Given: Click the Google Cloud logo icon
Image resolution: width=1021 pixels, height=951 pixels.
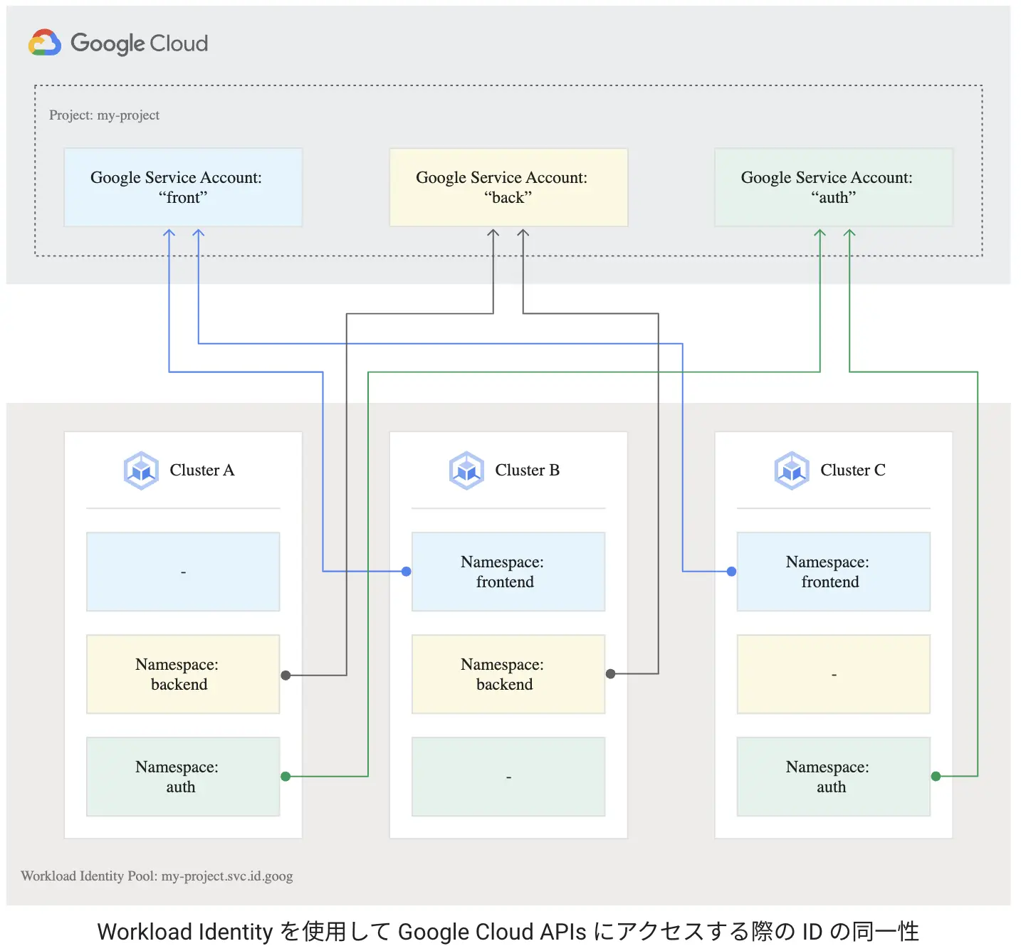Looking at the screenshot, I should pos(44,43).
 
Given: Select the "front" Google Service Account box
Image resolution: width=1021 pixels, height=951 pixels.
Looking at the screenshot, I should pos(183,187).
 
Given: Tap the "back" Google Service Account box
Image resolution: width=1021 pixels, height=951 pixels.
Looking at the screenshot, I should pos(508,187).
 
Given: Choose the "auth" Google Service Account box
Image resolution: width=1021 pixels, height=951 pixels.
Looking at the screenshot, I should pos(833,187).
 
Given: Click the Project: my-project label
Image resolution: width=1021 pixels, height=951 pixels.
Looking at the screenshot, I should pos(104,115).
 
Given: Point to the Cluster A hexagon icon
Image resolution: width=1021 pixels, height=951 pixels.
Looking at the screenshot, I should pos(141,471).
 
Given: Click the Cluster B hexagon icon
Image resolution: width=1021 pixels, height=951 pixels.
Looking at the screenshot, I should pos(466,471).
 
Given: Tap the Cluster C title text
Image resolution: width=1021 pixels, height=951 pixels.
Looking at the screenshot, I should pos(852,471).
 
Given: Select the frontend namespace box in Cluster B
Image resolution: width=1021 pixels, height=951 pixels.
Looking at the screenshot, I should pos(508,572).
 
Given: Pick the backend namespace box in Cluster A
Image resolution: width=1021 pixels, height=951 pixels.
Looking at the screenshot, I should pos(183,674).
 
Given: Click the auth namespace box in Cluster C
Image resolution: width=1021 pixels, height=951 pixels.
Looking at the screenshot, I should pos(833,777).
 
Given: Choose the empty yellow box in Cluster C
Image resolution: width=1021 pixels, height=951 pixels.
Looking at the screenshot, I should pos(833,674).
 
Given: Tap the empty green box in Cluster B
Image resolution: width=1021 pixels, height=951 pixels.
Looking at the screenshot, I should pos(508,777).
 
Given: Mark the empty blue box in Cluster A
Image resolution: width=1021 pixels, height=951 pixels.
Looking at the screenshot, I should pos(183,572).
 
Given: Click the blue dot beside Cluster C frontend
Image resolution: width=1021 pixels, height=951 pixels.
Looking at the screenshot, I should pos(731,572).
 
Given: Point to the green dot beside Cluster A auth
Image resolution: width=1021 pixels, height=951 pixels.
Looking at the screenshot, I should pos(286,777).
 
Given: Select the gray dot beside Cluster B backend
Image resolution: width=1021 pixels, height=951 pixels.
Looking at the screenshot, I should pos(610,674).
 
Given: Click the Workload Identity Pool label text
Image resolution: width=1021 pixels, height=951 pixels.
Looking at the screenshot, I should pos(157,876).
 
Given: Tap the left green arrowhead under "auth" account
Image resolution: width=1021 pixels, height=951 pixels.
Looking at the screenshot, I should pos(820,233).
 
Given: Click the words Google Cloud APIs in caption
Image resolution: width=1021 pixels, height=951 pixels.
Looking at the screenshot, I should pos(492,932).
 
